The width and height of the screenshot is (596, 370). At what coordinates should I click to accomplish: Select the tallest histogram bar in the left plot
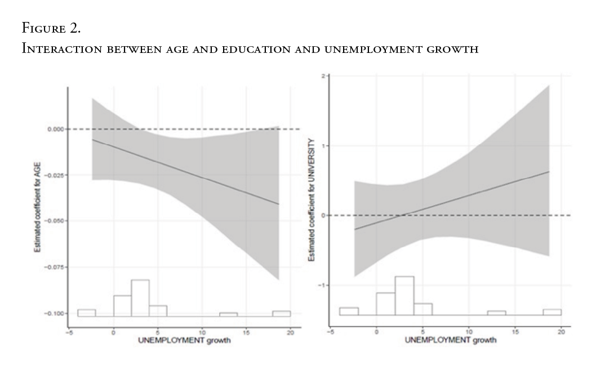point(140,298)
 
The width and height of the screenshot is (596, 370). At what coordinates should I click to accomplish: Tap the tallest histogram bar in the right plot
point(404,296)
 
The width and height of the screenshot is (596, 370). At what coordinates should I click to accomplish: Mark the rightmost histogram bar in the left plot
point(281,314)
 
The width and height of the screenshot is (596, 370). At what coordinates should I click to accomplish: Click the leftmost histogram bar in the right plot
point(349,311)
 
